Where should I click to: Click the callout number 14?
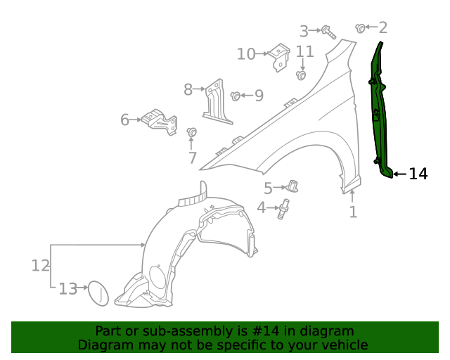pos(418,174)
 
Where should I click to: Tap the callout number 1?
pos(353,211)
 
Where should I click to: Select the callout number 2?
pos(382,27)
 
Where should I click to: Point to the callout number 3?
pos(304,31)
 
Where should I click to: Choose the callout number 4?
pos(261,207)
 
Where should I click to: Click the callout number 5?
pos(268,188)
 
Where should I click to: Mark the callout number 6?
pos(125,120)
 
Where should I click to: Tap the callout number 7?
pos(192,157)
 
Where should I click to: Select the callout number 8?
pos(188,89)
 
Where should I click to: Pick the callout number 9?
pos(259,95)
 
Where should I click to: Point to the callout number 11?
pos(304,51)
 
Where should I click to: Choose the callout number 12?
pos(40,265)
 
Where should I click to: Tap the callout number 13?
pos(67,288)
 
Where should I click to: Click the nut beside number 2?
pos(361,28)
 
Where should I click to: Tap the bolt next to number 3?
pos(327,31)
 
